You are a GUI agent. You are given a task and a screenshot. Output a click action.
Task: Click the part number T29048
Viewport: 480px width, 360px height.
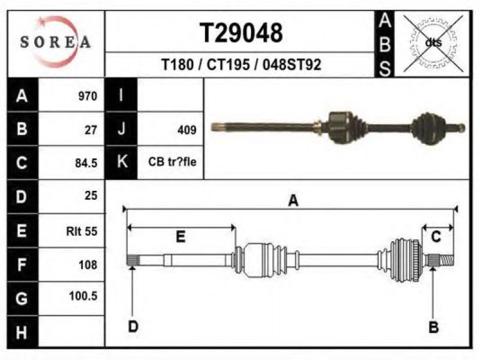241,33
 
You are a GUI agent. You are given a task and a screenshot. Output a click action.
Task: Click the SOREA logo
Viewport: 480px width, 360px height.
55,42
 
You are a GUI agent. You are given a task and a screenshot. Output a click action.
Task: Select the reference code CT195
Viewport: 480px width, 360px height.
228,65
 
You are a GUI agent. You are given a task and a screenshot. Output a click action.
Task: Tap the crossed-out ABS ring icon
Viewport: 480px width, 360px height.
433,43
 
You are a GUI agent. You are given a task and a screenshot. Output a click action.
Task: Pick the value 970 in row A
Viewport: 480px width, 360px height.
88,96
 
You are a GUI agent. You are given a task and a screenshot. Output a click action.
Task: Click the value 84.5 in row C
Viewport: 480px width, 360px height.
86,163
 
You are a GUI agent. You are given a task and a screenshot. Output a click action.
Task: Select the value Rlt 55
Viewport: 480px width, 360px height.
82,231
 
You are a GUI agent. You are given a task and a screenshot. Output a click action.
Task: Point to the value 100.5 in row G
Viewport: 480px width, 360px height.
83,296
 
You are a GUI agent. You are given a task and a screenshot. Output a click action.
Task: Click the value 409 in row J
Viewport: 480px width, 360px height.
187,130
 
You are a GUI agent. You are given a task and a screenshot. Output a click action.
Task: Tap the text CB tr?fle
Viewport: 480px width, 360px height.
172,161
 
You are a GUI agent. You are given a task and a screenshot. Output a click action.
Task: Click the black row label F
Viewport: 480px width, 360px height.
22,265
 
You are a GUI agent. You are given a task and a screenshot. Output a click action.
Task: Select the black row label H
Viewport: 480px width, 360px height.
22,332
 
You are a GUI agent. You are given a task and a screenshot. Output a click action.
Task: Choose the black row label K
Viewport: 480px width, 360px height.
122,161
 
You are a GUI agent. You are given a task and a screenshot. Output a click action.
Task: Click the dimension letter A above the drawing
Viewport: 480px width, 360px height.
293,201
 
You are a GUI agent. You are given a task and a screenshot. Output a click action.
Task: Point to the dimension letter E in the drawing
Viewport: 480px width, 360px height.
181,236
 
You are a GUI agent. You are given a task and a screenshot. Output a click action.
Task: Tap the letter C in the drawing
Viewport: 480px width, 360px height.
436,236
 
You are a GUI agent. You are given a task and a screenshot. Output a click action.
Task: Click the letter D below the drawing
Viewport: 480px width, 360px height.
133,326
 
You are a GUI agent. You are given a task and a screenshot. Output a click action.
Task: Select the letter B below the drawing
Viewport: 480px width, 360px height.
433,327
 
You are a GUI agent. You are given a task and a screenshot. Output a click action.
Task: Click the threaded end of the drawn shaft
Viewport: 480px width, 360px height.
446,260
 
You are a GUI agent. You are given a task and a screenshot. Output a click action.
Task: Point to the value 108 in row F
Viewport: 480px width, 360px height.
88,265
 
